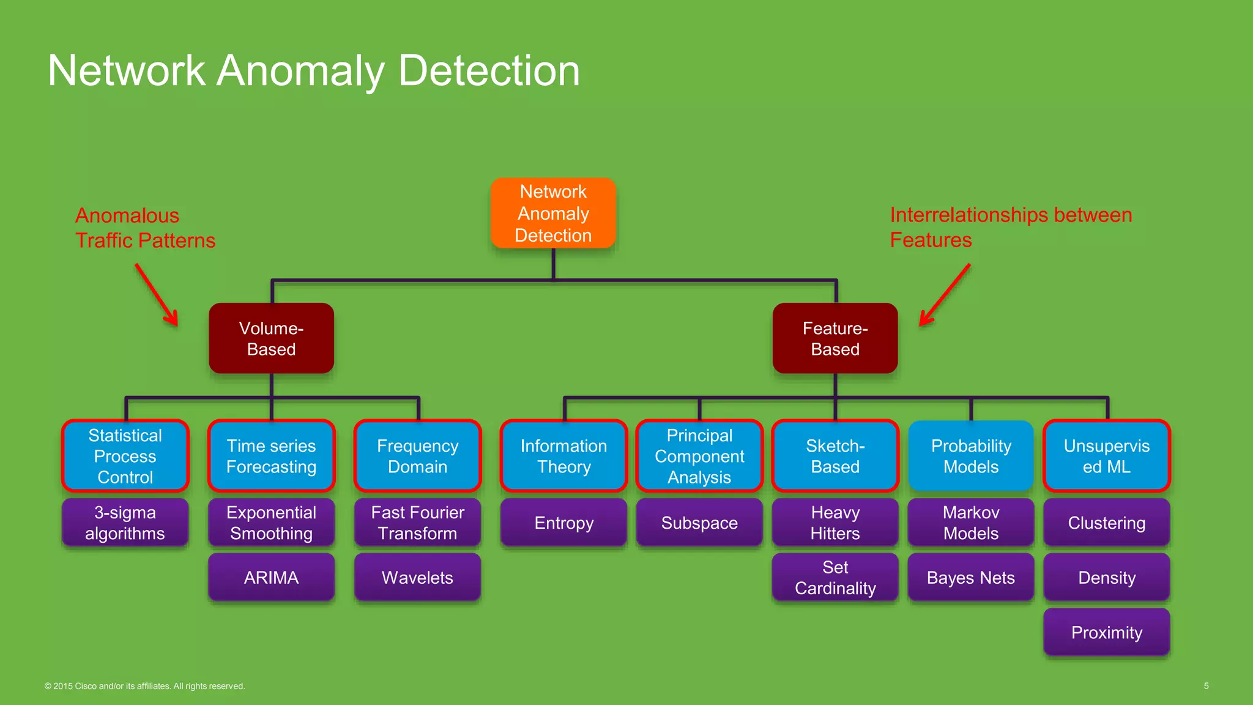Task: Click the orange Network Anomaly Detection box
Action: point(553,213)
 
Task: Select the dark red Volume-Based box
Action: point(271,338)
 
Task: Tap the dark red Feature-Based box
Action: point(835,338)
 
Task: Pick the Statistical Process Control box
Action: point(125,456)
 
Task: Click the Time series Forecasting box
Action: point(271,456)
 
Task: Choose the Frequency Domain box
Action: point(417,456)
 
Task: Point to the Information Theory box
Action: point(563,456)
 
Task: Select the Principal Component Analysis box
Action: point(699,456)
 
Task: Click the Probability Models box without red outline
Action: point(971,456)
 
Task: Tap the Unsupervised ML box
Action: point(1106,456)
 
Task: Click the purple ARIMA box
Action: point(271,577)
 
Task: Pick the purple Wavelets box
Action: point(417,577)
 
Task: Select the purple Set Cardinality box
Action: point(835,577)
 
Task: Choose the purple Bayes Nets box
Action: point(971,577)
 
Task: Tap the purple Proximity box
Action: point(1106,632)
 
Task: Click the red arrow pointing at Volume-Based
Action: point(157,294)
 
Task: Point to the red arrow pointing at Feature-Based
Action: point(945,294)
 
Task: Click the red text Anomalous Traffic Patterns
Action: point(145,228)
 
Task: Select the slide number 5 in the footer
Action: point(1206,686)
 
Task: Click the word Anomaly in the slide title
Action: point(300,71)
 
